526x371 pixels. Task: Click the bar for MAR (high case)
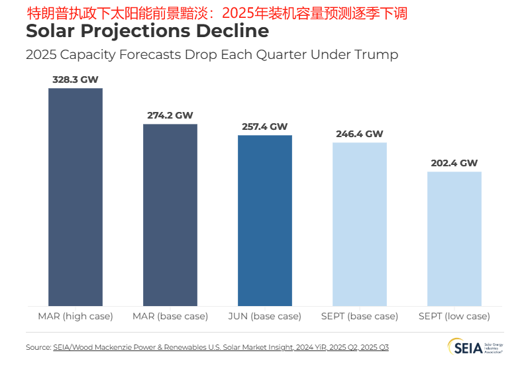coord(75,197)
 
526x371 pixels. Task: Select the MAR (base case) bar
coord(170,215)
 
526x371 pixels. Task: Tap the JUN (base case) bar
coord(265,221)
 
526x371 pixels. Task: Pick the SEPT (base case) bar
coord(359,224)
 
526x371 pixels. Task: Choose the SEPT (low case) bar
coord(454,238)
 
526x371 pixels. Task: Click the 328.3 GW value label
coord(75,79)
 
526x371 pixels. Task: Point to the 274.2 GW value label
coord(170,115)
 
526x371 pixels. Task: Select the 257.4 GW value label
coord(265,127)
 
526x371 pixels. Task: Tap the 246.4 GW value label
coord(359,134)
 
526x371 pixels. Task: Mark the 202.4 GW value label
coord(454,163)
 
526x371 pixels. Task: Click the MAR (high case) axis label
coord(75,316)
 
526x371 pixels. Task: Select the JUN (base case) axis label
coord(265,316)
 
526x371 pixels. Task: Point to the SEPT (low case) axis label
coord(454,316)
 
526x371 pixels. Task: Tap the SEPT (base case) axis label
coord(359,316)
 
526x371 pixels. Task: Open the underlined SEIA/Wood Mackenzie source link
coord(221,347)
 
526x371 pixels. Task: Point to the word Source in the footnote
coord(38,347)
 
